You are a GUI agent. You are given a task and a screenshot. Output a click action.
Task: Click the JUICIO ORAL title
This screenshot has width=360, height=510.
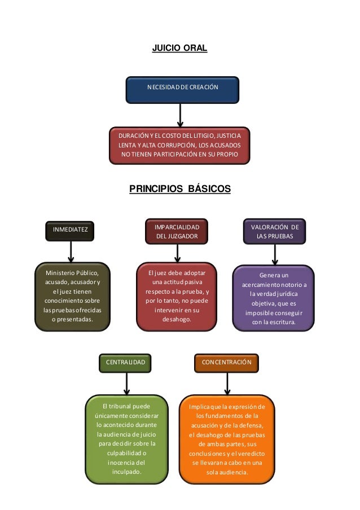point(180,49)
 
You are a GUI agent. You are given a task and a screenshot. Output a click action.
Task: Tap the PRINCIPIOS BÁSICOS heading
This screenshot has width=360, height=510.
point(180,188)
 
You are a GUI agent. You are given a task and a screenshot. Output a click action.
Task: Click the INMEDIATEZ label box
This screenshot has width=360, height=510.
point(70,230)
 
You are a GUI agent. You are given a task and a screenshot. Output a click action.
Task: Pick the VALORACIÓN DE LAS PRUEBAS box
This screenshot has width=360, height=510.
point(275,232)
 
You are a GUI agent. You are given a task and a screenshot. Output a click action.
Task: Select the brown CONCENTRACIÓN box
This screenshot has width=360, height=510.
point(226,361)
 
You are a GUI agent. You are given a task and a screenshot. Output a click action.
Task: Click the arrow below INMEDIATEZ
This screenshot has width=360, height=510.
point(71,252)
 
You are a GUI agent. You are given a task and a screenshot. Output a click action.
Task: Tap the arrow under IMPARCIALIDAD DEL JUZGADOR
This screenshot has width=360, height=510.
point(175,252)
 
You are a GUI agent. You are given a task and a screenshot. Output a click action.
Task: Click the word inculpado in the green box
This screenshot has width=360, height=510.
point(126,472)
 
